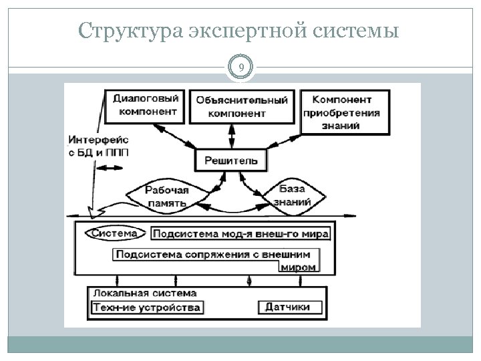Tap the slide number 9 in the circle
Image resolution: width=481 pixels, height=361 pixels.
click(x=240, y=67)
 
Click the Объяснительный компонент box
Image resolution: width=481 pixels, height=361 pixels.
click(x=242, y=106)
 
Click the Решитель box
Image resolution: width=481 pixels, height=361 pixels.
click(x=230, y=160)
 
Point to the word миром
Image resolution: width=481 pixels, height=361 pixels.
click(x=298, y=267)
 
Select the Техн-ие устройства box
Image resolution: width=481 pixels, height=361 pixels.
click(x=146, y=308)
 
